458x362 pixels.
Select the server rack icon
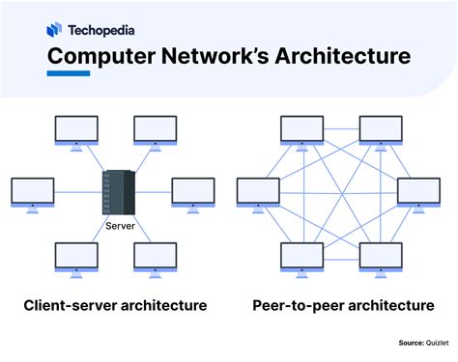[115, 193]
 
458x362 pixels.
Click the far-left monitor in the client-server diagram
[31, 193]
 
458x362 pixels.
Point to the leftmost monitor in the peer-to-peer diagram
[258, 193]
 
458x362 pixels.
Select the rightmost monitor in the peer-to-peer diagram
[417, 193]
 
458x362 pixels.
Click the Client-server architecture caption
[115, 306]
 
